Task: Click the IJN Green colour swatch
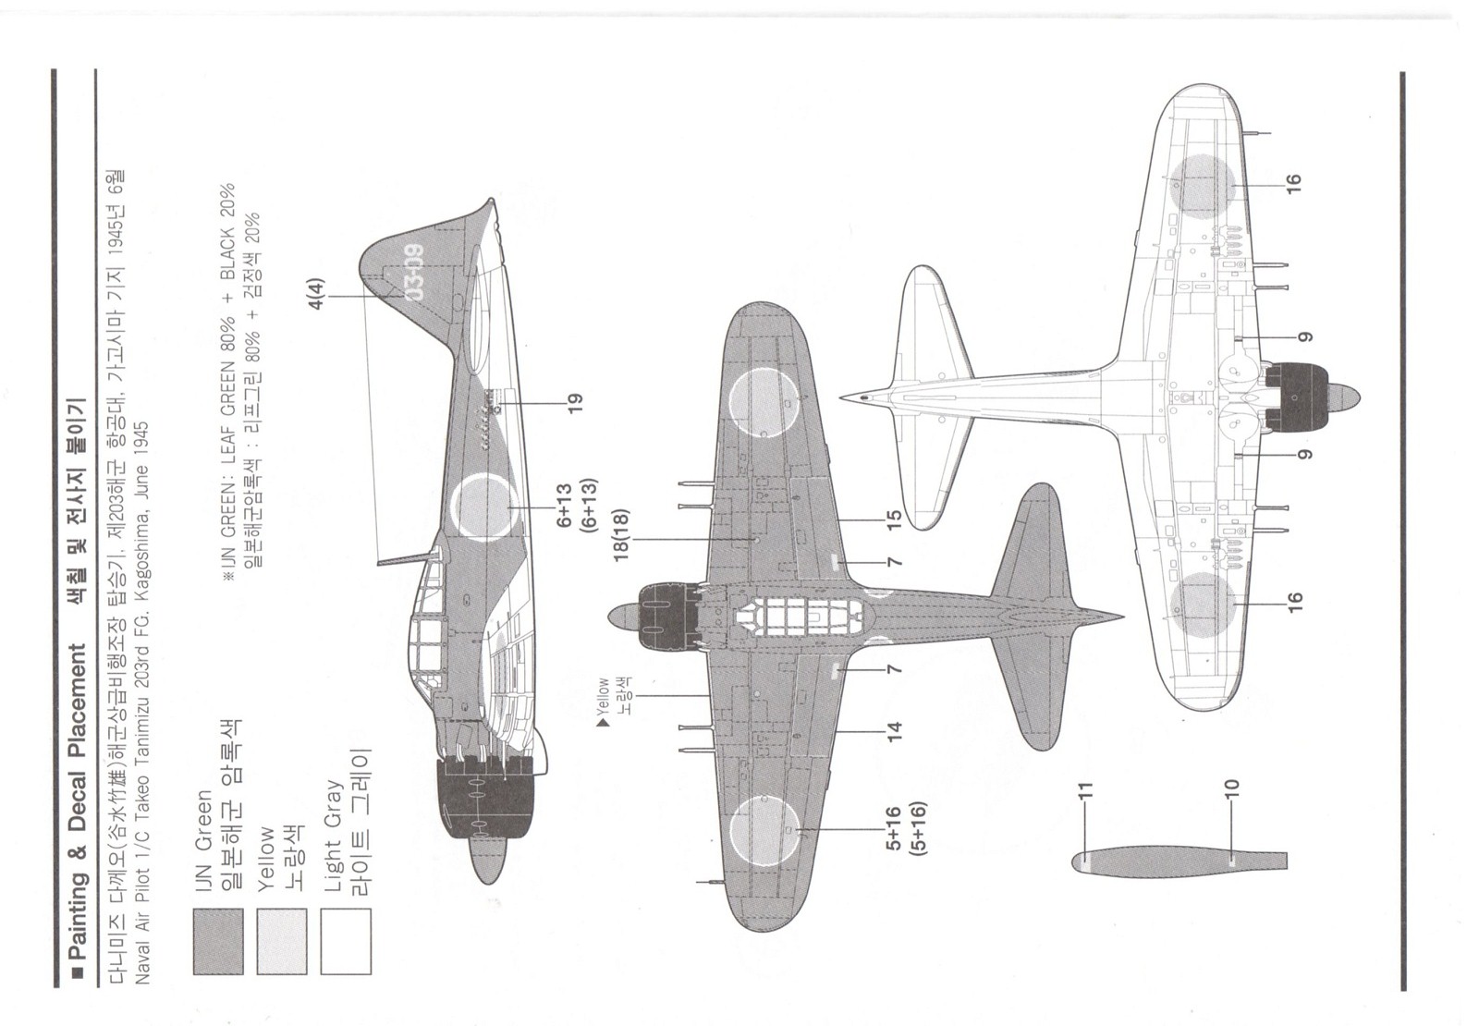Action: [218, 941]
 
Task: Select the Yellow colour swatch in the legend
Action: [281, 941]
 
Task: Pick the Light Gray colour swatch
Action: [345, 941]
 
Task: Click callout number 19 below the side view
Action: [575, 403]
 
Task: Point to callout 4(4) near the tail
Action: [316, 288]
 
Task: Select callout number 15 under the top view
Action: [893, 519]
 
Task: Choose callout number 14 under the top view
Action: [893, 732]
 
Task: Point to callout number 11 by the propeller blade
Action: [1085, 790]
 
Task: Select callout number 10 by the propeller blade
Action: [1230, 790]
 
